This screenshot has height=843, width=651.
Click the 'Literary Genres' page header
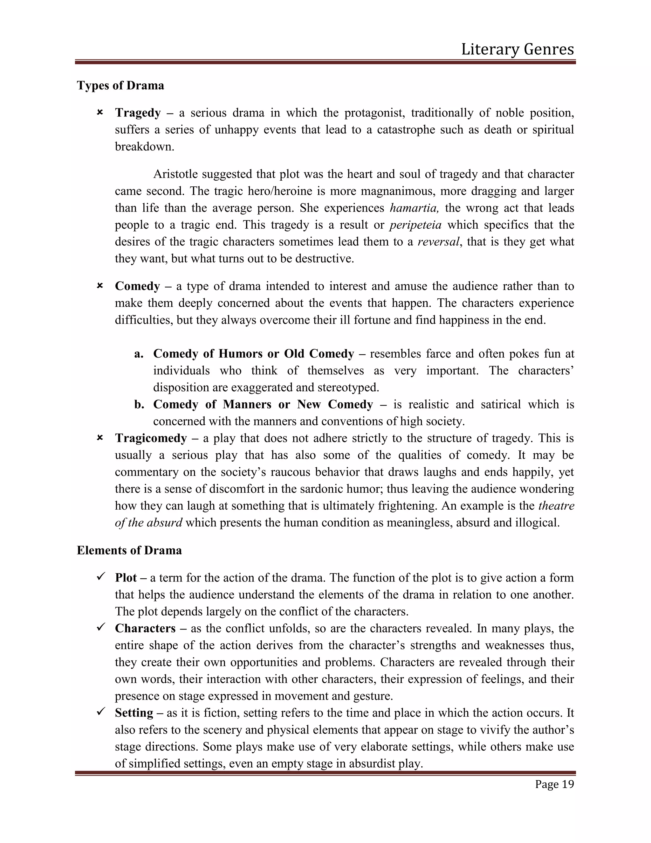517,49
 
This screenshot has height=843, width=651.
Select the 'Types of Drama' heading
120,85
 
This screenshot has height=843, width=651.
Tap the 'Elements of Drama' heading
129,550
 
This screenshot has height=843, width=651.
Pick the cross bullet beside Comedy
99,286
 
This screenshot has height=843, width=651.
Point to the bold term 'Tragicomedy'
151,438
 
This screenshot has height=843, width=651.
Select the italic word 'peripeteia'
415,225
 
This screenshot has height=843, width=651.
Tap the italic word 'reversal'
438,242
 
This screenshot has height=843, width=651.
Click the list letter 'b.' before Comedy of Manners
139,405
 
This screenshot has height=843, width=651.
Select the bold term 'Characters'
145,628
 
